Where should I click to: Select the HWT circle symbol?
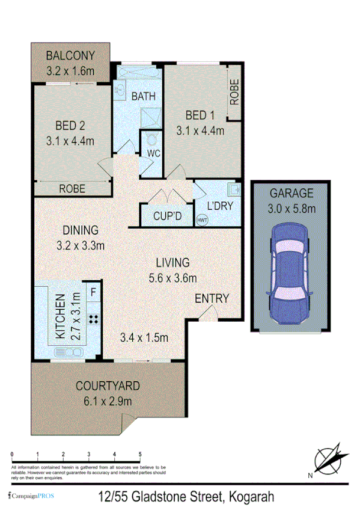[x=201, y=220]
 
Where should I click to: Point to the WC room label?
[x=153, y=153]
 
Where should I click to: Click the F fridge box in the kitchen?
[x=93, y=294]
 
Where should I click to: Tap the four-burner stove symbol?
[x=94, y=319]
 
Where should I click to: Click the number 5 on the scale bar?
[x=140, y=455]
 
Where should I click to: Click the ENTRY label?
[x=212, y=298]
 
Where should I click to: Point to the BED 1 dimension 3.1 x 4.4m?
[x=200, y=130]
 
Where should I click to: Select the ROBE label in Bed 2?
[x=72, y=189]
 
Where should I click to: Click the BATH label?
[x=144, y=96]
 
